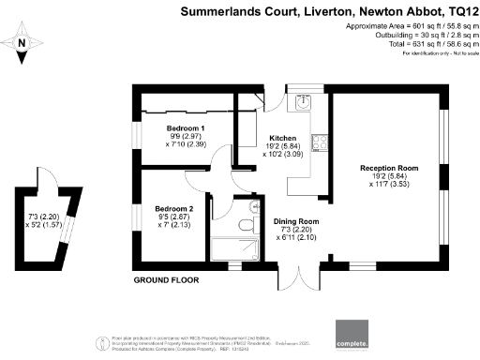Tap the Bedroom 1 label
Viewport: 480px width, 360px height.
click(186, 127)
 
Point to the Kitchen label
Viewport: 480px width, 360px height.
click(282, 137)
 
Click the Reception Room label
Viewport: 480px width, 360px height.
click(388, 169)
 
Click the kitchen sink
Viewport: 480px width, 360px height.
click(302, 103)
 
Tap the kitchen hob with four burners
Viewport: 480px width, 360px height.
click(321, 143)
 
